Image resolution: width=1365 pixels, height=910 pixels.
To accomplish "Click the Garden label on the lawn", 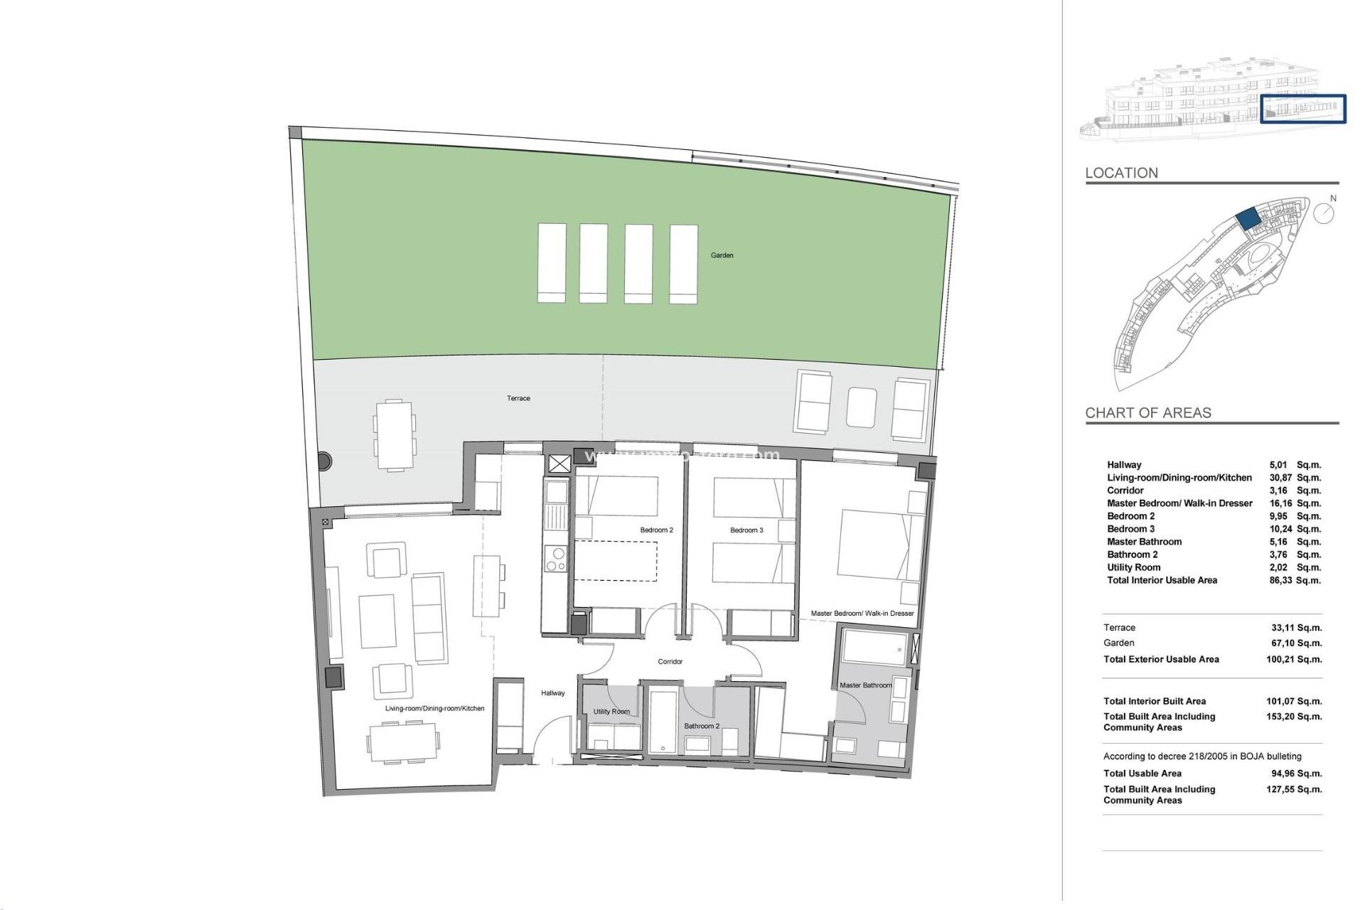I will [722, 255].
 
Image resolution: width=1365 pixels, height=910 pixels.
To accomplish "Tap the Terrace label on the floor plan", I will [518, 398].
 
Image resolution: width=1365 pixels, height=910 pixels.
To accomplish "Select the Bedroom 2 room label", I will [656, 530].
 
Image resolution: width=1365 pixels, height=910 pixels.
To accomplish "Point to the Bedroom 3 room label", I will [746, 530].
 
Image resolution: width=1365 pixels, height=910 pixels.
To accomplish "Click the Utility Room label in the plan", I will [611, 712].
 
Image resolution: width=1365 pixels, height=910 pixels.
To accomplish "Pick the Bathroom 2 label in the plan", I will [702, 726].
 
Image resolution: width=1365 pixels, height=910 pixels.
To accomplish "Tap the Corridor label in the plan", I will [670, 661].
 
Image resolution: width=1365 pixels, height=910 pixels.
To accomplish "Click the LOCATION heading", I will [1121, 173].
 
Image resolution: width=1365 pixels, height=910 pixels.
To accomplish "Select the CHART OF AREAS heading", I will [1147, 412].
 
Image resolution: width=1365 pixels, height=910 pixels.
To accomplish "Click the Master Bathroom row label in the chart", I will [1144, 542].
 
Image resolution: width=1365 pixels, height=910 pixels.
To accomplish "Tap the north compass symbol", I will [1323, 213].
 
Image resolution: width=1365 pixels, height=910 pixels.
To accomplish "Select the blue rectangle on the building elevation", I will [1302, 109].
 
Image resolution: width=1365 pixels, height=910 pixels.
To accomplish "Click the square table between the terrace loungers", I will [862, 407].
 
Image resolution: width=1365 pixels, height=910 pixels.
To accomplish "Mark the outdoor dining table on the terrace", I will [394, 434].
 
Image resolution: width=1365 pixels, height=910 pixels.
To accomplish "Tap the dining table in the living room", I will [402, 743].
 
